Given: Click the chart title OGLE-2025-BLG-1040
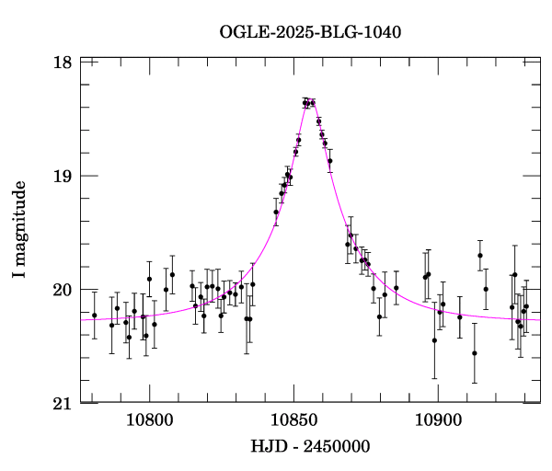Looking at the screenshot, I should tap(310, 32).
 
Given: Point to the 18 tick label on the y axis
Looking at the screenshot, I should tap(63, 63).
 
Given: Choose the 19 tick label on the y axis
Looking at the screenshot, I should tap(63, 176).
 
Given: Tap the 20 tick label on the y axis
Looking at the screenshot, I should tap(63, 290).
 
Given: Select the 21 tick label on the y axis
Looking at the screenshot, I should tap(63, 403).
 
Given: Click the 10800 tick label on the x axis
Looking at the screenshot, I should tap(149, 420).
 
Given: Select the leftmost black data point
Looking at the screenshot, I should tap(94, 316).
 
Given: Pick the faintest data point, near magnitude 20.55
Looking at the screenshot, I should tap(475, 353).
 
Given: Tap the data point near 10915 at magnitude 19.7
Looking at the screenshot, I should tap(480, 256).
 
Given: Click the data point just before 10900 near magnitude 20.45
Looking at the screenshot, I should tap(434, 340).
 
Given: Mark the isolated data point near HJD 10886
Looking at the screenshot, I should tap(397, 288).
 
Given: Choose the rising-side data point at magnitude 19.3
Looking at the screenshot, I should tap(276, 213).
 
